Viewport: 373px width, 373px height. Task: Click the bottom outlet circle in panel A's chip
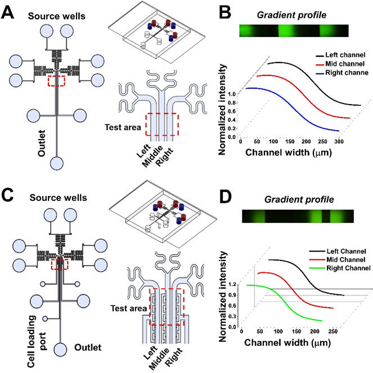tap(57, 164)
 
